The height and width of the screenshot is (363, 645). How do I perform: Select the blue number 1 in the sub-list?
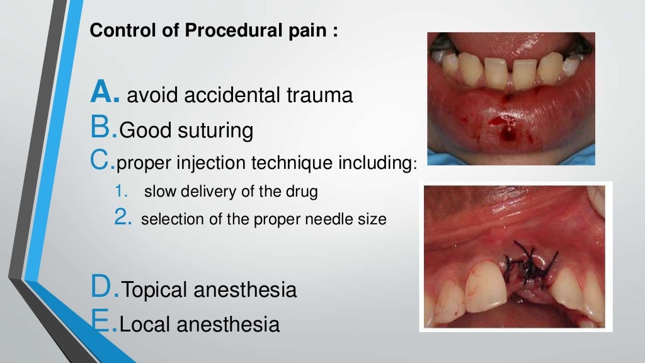[x=121, y=192]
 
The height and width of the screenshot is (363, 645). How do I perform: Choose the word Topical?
[x=154, y=290]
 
